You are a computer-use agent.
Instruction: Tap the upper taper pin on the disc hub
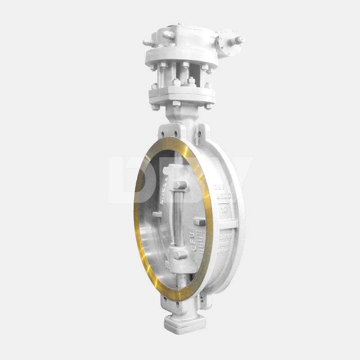(x=180, y=185)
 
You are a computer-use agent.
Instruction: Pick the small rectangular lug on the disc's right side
(x=200, y=223)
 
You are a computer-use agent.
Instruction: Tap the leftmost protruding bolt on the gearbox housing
(x=147, y=42)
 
